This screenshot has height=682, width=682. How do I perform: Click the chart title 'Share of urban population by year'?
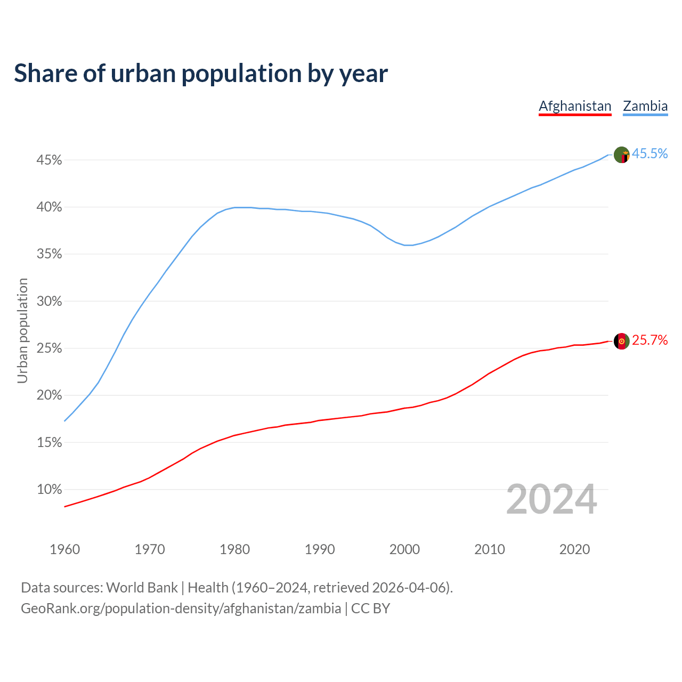[x=201, y=74]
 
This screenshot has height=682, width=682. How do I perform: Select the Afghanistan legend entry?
[x=575, y=106]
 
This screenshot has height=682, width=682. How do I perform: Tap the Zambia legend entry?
[x=645, y=106]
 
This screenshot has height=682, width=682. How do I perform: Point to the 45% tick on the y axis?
[x=50, y=160]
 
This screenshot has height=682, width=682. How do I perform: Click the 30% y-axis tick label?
[x=50, y=301]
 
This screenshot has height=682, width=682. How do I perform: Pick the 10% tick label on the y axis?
[x=50, y=489]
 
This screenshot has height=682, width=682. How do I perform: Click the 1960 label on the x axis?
[x=64, y=549]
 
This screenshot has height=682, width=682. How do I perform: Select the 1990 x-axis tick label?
[x=320, y=549]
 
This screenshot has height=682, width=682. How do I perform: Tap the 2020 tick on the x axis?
[x=574, y=549]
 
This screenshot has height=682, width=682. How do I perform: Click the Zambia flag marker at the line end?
[x=622, y=155]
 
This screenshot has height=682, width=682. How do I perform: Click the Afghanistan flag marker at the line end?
[x=622, y=341]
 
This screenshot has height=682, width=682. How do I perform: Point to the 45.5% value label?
[x=650, y=153]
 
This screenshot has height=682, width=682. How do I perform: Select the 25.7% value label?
[x=650, y=340]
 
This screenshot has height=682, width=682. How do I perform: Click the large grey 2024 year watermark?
[x=551, y=500]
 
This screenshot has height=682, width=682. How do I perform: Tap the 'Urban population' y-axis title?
[x=22, y=330]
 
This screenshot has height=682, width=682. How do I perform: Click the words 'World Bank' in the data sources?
[x=142, y=587]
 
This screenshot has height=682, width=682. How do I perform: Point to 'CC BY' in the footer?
[x=371, y=608]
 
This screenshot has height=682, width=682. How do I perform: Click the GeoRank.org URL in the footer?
[x=181, y=608]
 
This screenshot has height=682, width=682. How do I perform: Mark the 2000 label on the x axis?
[x=404, y=549]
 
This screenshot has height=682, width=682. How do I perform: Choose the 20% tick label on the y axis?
[x=50, y=395]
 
